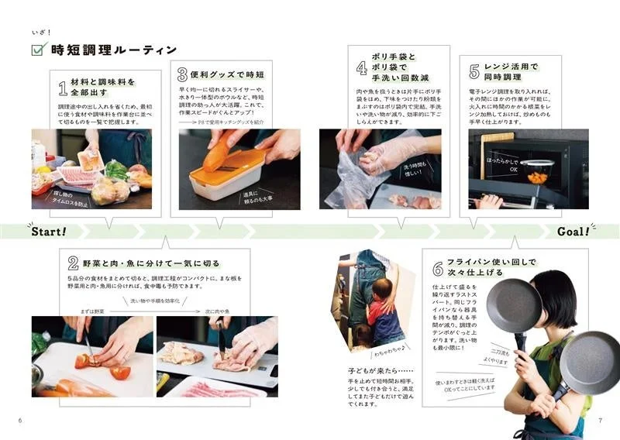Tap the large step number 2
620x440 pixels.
pyautogui.click(x=73, y=263)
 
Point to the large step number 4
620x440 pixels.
pyautogui.click(x=361, y=67)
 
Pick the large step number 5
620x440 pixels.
pyautogui.click(x=474, y=74)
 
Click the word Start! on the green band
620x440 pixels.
pyautogui.click(x=49, y=232)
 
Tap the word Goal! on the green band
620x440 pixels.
pyautogui.click(x=573, y=232)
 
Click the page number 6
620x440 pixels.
pyautogui.click(x=19, y=421)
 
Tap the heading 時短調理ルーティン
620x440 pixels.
pyautogui.click(x=113, y=50)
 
